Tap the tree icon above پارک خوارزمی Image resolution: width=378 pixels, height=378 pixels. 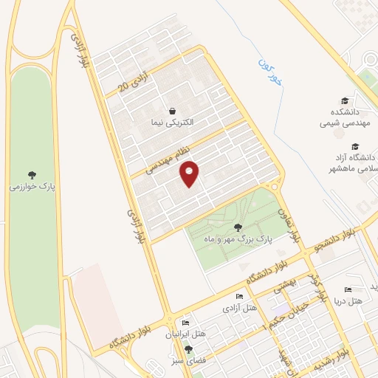click(31, 175)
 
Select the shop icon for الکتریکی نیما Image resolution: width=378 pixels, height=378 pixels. click(172, 111)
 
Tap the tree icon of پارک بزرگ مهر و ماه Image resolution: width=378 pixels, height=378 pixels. click(237, 227)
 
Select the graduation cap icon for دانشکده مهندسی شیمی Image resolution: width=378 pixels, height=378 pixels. click(344, 101)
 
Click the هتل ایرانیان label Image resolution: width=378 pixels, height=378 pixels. click(182, 334)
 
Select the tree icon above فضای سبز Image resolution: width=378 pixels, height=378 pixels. click(189, 348)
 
